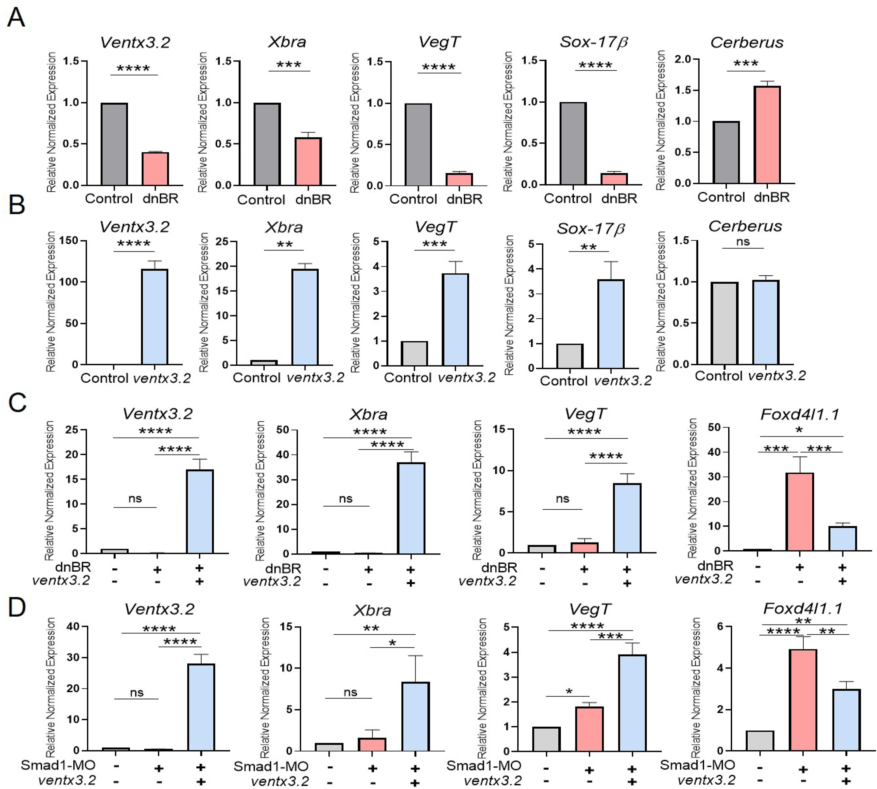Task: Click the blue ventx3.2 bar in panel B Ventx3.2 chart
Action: [x=155, y=317]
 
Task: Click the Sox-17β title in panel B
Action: [x=591, y=229]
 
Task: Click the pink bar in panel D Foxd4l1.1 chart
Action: [x=803, y=700]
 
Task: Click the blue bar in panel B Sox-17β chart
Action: [x=611, y=324]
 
